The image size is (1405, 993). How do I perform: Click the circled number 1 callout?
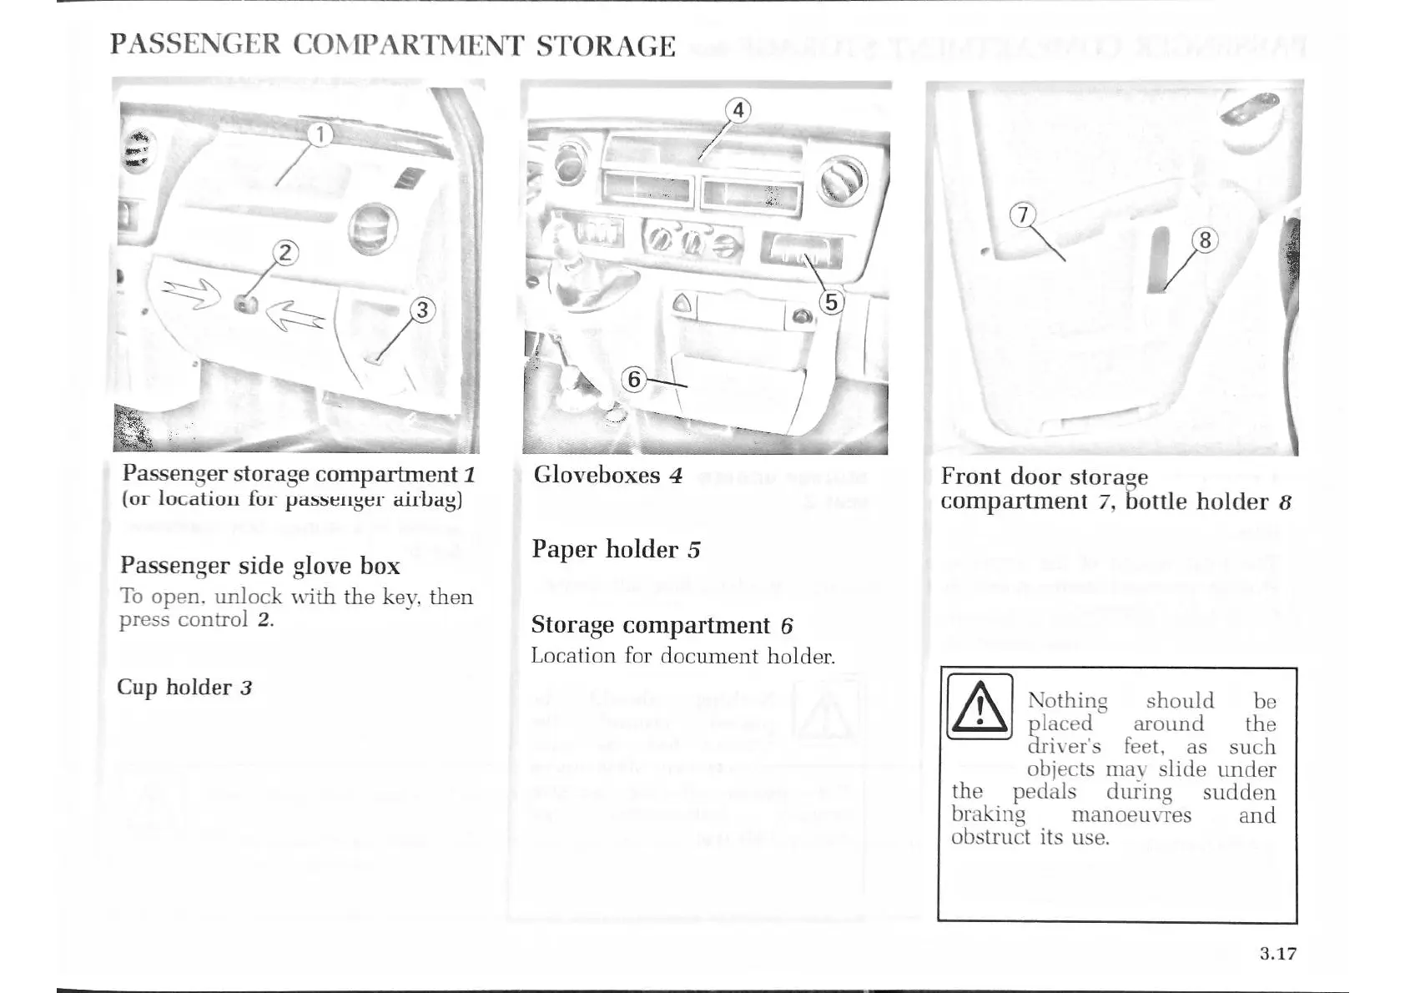click(320, 134)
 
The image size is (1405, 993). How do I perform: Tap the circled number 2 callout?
click(286, 252)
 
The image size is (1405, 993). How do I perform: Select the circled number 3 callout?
click(423, 310)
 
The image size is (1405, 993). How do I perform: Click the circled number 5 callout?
click(831, 302)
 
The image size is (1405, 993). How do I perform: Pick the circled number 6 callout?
click(634, 380)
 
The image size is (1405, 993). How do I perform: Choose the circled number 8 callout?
click(1205, 241)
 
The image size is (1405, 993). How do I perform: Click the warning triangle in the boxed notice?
click(980, 707)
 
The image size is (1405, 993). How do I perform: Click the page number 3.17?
click(1278, 954)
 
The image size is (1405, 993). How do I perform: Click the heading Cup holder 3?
click(184, 688)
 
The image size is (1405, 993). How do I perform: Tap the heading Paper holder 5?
click(616, 549)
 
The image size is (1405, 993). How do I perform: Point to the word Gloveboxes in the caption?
click(597, 475)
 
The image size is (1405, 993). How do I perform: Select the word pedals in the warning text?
click(1045, 792)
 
